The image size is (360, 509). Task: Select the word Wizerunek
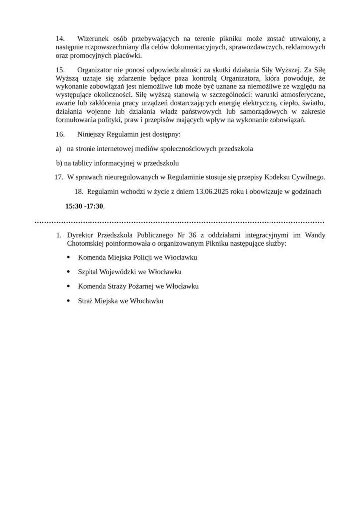click(94, 39)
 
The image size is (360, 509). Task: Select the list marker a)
click(58, 149)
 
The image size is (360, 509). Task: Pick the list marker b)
click(59, 163)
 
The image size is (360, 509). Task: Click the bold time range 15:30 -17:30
click(85, 205)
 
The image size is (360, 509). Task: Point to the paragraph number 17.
click(59, 176)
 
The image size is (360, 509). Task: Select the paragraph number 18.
click(78, 191)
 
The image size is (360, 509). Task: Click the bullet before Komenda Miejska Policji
click(68, 258)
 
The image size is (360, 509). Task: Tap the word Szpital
click(88, 272)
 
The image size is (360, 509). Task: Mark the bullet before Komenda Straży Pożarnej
click(68, 287)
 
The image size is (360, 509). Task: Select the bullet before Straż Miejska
click(68, 301)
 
